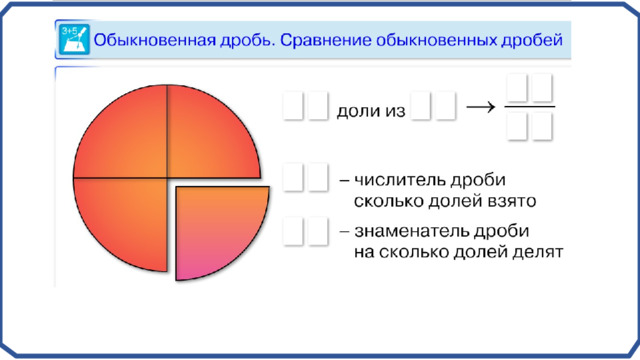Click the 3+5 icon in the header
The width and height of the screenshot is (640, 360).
[x=74, y=39]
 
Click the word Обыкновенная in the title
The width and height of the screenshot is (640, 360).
[x=155, y=40]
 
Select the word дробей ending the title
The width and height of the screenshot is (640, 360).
[x=532, y=40]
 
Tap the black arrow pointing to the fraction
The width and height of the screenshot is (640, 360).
[x=480, y=107]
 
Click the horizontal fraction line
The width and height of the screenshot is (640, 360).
[x=530, y=107]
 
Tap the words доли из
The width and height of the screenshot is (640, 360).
[x=371, y=111]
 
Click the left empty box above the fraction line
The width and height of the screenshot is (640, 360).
[x=517, y=87]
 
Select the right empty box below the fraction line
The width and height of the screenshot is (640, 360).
[x=542, y=127]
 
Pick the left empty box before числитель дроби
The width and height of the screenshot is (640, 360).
[x=293, y=177]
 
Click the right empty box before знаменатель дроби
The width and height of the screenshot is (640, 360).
[x=318, y=231]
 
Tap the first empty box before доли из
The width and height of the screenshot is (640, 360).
[x=293, y=106]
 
